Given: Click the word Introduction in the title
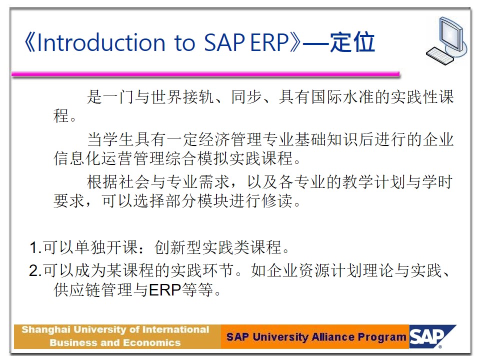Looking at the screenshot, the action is click(x=101, y=42).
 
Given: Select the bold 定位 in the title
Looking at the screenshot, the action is click(x=352, y=42).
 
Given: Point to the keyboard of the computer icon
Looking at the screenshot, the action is click(x=440, y=55).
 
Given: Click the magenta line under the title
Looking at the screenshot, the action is click(x=205, y=74).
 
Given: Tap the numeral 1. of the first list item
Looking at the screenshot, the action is click(x=35, y=247).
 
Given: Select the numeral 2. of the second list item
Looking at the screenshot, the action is click(x=35, y=270).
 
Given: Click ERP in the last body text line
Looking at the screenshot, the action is click(x=164, y=289).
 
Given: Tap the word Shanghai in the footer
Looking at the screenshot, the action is click(x=46, y=330).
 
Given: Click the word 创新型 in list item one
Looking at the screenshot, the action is click(x=178, y=247).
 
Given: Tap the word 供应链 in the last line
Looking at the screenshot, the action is click(x=77, y=289).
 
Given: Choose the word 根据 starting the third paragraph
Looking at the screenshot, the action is click(x=102, y=182).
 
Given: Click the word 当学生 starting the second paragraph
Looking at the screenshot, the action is click(x=110, y=139).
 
